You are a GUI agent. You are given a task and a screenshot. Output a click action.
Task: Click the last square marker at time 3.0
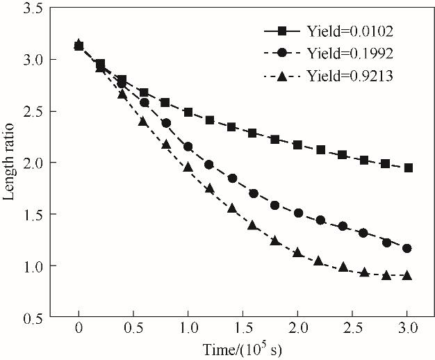coord(407,167)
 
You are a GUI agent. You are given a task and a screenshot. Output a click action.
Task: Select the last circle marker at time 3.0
coord(407,248)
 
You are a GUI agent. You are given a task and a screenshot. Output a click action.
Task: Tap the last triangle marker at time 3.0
coord(407,275)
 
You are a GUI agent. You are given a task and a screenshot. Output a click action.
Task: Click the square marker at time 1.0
coord(188,112)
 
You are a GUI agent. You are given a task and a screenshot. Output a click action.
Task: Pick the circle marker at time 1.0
coord(188,147)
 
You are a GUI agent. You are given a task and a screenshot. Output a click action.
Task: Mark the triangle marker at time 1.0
coord(188,167)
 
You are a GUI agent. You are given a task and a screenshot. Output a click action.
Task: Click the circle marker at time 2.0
coord(298,213)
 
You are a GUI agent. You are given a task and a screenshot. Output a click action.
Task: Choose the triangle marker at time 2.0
coord(298,253)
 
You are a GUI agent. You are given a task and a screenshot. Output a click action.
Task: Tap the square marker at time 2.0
coord(298,145)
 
